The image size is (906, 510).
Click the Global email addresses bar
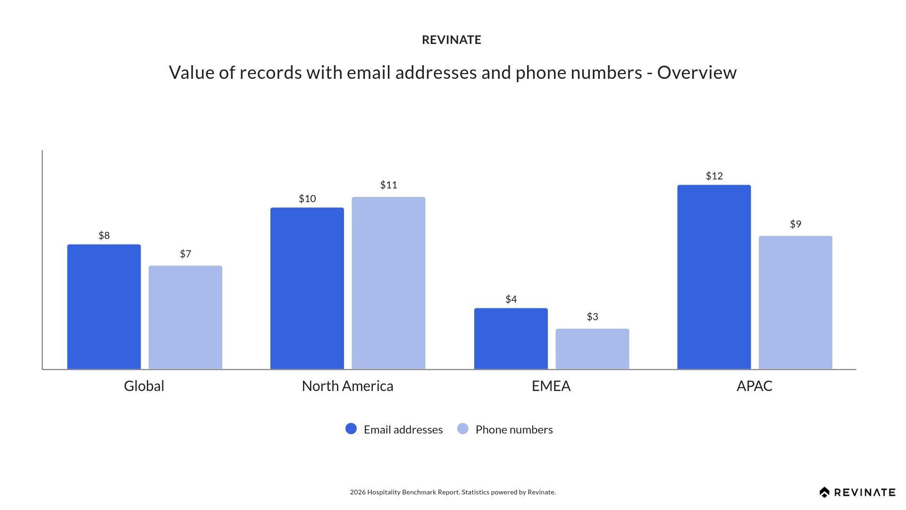point(104,306)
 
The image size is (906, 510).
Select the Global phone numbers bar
point(185,317)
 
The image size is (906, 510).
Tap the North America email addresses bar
point(307,288)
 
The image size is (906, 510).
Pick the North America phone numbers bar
point(388,283)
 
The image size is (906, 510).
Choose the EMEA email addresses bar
point(511,339)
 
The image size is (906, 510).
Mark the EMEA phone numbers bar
point(592,348)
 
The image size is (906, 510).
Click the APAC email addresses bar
point(714,277)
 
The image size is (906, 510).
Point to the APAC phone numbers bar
point(796,302)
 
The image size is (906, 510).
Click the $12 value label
point(714,176)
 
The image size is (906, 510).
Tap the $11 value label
point(388,185)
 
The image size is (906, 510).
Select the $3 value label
point(592,317)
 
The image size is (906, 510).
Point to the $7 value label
point(185,254)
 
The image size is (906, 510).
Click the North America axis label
point(347,386)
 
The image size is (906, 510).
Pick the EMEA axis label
point(551,386)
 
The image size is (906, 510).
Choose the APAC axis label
point(754,386)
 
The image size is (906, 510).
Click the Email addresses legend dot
point(351,429)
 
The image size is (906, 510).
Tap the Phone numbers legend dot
point(463,429)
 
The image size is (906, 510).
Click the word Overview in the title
point(696,73)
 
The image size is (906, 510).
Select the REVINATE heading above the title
point(452,40)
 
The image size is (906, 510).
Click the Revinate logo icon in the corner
point(824,493)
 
